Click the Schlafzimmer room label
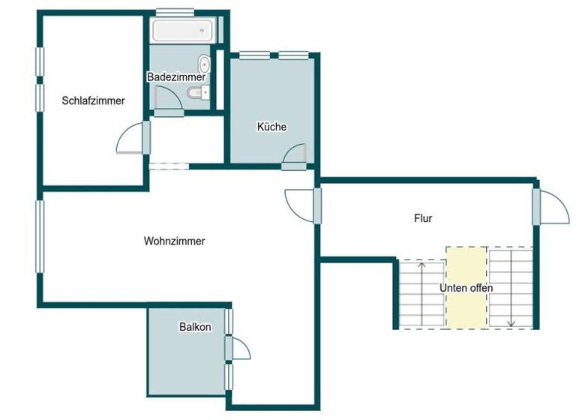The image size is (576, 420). click(x=94, y=100)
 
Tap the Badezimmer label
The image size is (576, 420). click(x=176, y=76)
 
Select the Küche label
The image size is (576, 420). click(x=271, y=127)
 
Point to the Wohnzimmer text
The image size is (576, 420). click(x=174, y=241)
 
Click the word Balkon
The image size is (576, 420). click(x=195, y=327)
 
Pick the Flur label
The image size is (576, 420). click(x=423, y=218)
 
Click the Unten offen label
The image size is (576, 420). click(x=466, y=288)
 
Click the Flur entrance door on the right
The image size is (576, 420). click(x=553, y=206)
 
